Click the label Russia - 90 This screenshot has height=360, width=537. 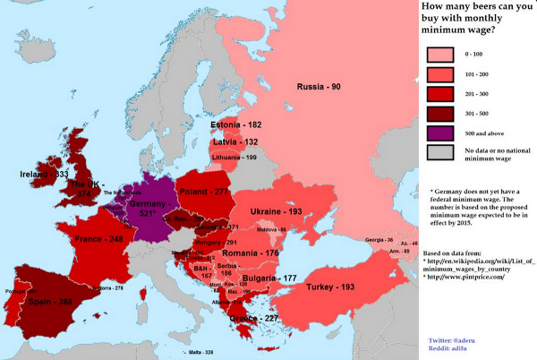(x=319, y=86)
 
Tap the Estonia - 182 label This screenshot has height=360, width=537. (x=238, y=124)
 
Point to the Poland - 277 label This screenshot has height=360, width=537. (x=207, y=192)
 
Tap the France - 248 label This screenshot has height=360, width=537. (x=103, y=240)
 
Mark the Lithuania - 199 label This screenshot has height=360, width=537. (x=234, y=158)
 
